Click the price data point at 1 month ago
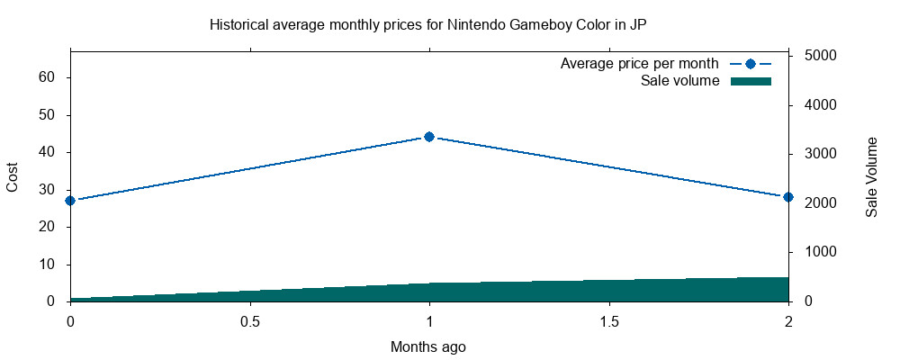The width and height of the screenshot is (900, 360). (429, 137)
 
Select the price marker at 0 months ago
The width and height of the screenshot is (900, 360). (70, 200)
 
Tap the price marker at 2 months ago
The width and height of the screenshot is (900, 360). (788, 196)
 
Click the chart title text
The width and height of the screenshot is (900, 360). (428, 24)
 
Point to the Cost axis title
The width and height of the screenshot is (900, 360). (13, 177)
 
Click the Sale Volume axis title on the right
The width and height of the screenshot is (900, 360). (871, 177)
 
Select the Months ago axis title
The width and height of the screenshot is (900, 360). (428, 346)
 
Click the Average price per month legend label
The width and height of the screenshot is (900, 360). (639, 64)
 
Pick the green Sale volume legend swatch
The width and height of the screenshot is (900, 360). (751, 81)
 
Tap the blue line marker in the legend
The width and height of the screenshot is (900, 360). (751, 64)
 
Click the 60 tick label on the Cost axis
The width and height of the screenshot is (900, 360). (48, 77)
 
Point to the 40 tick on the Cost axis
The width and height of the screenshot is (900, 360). (48, 152)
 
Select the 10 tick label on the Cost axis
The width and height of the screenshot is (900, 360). (48, 265)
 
